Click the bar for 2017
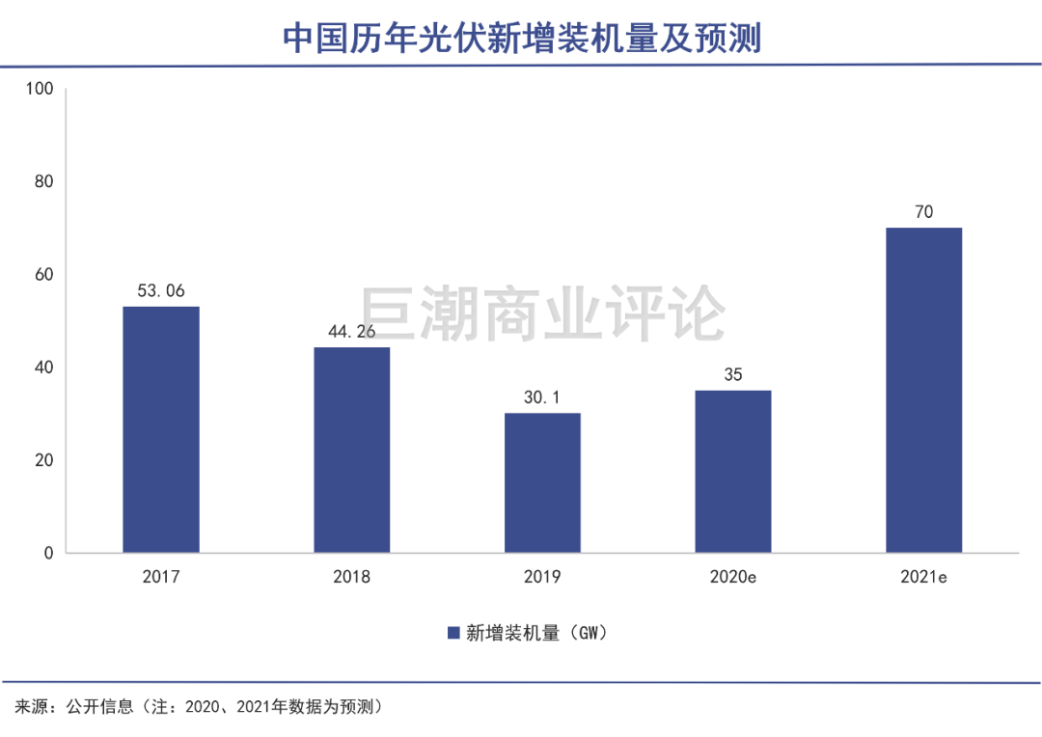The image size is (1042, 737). pos(160,429)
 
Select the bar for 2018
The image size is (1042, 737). pos(351,450)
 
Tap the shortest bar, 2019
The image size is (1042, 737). pos(542,482)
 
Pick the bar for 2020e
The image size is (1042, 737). pos(733,471)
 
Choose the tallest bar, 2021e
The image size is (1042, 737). pos(923,390)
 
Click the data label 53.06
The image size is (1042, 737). pos(160,290)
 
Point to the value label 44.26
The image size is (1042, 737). pos(351,331)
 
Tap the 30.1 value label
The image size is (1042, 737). pos(542,396)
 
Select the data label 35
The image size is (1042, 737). pos(733,374)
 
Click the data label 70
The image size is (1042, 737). pos(923,211)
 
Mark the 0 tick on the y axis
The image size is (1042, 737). pos(47,553)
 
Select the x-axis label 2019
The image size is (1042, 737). pos(542,578)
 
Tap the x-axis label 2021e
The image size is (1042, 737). pos(923,578)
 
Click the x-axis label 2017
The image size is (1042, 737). pos(160,578)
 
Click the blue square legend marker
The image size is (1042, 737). pos(452,633)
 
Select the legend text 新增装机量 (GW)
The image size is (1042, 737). pos(535,633)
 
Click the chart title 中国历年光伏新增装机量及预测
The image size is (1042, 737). pos(521,39)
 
